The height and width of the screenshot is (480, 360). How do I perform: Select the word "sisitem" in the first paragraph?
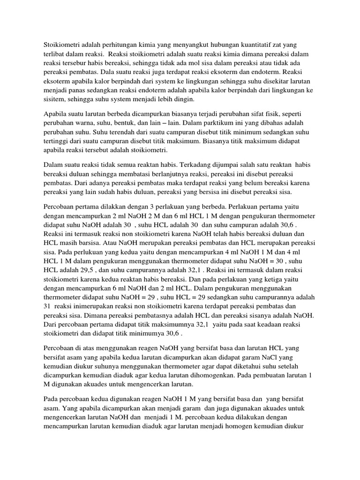[x=55, y=100]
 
